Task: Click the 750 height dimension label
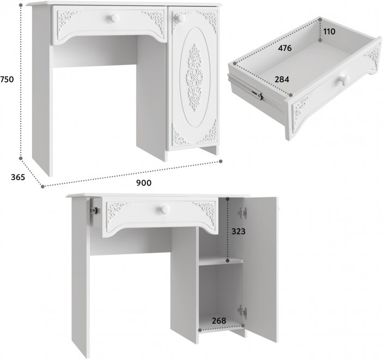point(7,79)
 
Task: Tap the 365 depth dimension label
point(18,177)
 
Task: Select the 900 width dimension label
point(144,183)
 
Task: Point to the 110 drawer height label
point(329,32)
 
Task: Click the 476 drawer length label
point(285,48)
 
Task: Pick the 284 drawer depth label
point(282,79)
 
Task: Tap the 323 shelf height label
point(239,231)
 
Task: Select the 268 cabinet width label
point(219,321)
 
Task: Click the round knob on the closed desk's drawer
point(114,18)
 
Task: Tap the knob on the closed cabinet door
point(181,18)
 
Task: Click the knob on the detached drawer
point(344,81)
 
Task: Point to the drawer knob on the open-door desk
point(165,209)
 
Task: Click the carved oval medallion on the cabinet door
point(194,77)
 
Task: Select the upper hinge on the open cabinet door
point(242,213)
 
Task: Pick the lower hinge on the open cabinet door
point(242,311)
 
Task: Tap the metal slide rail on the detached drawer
point(257,93)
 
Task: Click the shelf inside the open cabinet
point(221,261)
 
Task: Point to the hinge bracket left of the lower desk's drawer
point(95,210)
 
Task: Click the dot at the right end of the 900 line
point(221,161)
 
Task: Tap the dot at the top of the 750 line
point(21,5)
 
